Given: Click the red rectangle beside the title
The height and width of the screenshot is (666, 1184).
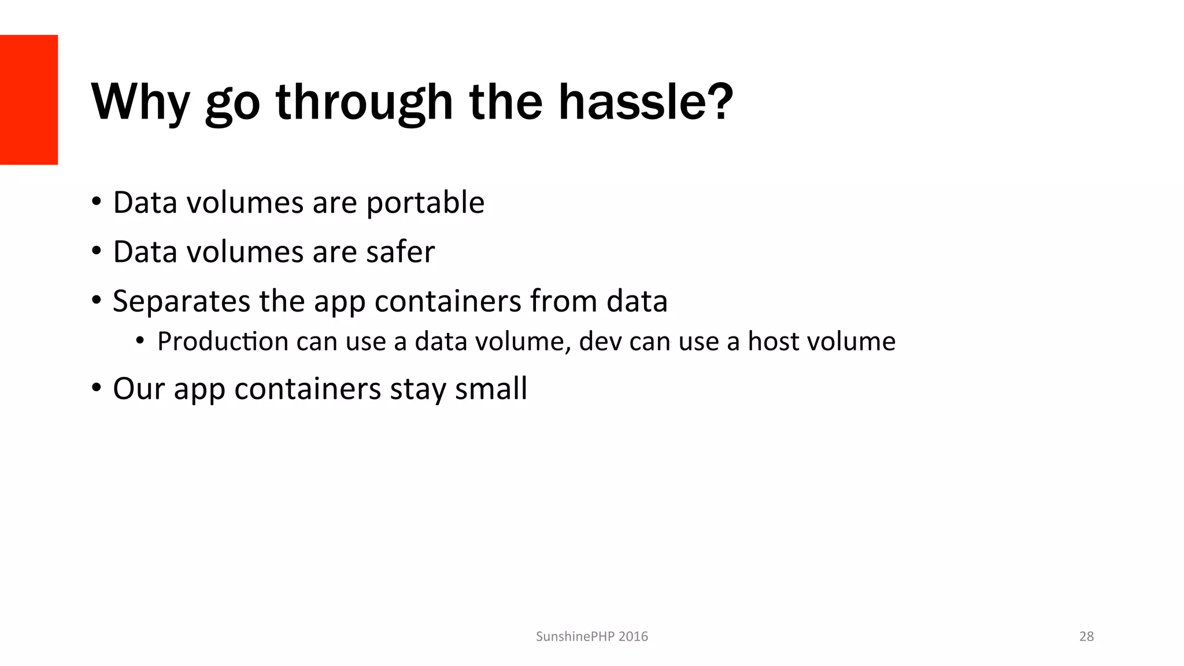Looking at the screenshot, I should click(29, 99).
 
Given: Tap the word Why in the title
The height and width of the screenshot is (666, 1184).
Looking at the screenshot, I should click(140, 103).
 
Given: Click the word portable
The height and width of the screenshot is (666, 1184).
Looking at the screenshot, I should click(425, 203).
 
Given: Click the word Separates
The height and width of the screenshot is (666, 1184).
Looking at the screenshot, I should click(181, 302).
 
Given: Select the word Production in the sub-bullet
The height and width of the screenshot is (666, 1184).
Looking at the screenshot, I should click(223, 342).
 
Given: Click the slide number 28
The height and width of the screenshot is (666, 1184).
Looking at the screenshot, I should click(1086, 637).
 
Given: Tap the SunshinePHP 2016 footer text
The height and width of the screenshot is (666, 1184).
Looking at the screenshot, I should click(591, 637).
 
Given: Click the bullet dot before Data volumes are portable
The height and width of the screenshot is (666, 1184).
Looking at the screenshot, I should click(97, 203).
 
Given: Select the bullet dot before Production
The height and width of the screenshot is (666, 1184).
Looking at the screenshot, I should click(140, 342).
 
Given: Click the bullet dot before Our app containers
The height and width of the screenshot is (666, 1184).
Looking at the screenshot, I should click(97, 388).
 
